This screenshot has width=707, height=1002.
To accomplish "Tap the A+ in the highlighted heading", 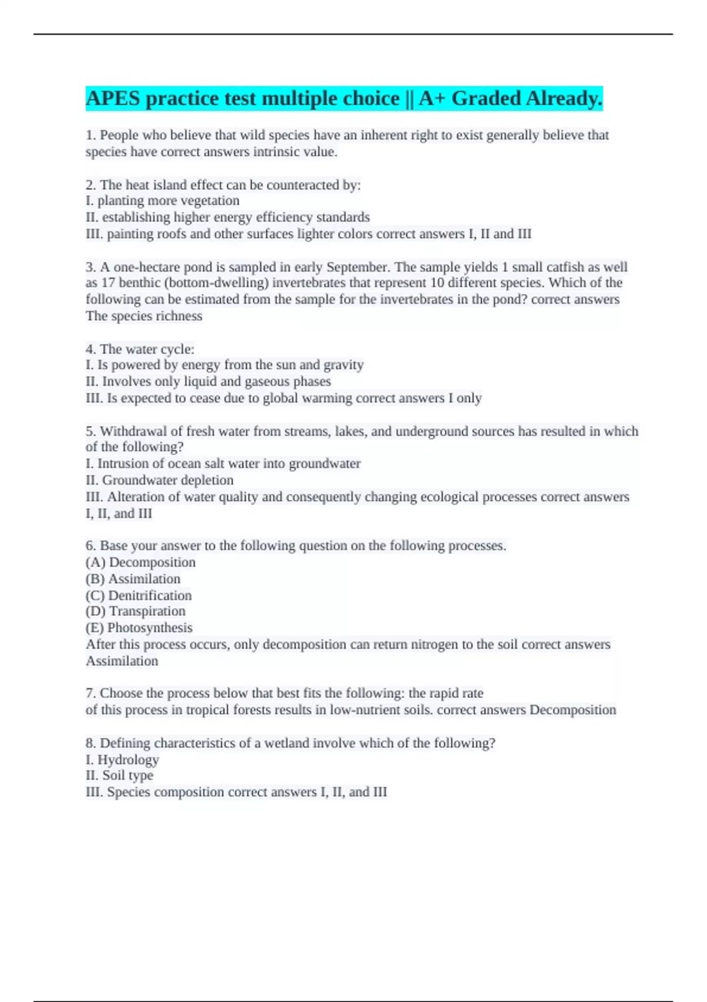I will (x=432, y=98).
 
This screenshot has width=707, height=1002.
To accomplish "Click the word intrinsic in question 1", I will (x=282, y=152).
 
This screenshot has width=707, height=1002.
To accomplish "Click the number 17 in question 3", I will (x=108, y=283).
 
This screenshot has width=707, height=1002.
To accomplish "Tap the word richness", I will (x=179, y=316).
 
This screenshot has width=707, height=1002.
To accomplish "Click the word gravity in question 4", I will (x=343, y=365).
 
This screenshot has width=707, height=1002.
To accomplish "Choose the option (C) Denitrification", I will (x=138, y=595).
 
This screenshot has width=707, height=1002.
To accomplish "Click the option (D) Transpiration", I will (x=136, y=611).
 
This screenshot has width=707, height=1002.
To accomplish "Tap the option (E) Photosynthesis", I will (x=139, y=628).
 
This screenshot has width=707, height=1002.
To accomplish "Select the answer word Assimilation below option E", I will (x=122, y=661).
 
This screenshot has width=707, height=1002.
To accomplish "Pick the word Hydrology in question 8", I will (x=128, y=760).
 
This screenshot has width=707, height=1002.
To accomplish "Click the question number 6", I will (x=91, y=546).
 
